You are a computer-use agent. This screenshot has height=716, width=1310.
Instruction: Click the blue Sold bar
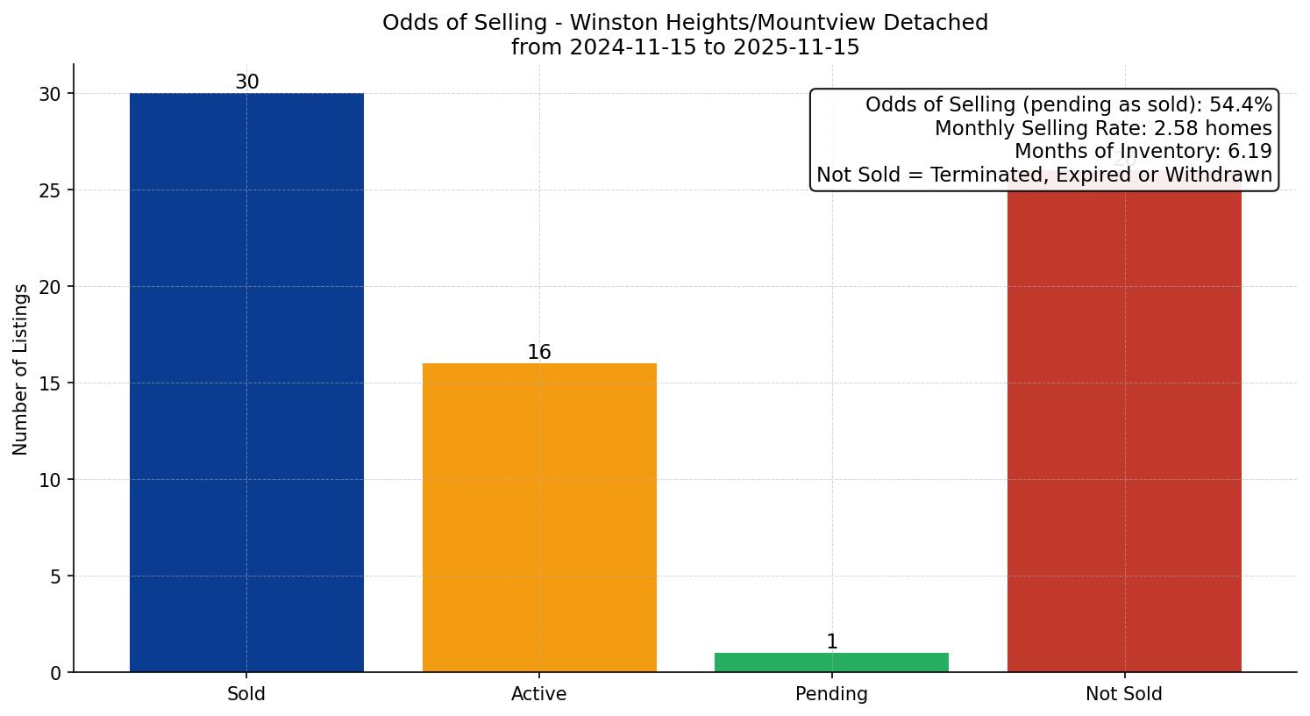point(246,383)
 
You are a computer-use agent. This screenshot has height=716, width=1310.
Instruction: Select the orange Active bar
point(539,518)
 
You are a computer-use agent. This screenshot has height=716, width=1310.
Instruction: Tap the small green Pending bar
point(831,662)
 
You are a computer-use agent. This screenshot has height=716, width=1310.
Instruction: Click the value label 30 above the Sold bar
point(246,82)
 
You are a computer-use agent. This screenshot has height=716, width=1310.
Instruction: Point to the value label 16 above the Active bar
point(539,353)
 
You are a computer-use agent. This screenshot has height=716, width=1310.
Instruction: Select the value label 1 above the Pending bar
point(831,642)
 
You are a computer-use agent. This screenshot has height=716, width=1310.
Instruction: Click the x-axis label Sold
point(246,694)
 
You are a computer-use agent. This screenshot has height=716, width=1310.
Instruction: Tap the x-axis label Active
point(539,694)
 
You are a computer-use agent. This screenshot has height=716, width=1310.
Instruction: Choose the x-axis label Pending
point(831,694)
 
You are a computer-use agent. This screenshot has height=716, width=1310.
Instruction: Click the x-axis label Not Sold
point(1124,694)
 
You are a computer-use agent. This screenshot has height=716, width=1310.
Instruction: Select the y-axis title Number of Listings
point(21,369)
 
